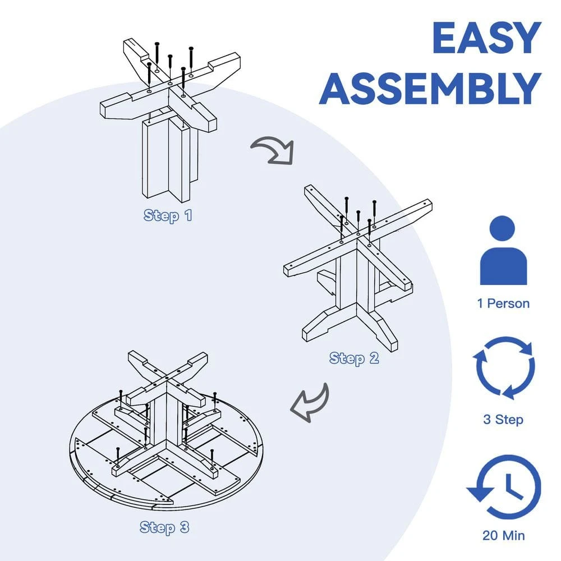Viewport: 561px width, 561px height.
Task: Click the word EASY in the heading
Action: (x=486, y=38)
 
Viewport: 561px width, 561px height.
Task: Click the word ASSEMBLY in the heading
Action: (x=430, y=89)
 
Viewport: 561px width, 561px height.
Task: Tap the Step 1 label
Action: (x=167, y=215)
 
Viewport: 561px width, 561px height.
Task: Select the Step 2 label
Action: (x=354, y=358)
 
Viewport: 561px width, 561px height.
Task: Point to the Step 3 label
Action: (x=164, y=527)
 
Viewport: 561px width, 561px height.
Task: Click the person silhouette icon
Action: (x=503, y=250)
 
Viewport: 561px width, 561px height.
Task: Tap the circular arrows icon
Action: (x=504, y=368)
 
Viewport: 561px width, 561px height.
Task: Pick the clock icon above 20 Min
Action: (x=504, y=487)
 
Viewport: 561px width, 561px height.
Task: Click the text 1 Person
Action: (x=503, y=304)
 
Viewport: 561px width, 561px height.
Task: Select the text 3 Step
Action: (x=503, y=419)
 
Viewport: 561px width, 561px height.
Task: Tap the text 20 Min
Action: (x=504, y=536)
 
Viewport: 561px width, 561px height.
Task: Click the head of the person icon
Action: (x=503, y=229)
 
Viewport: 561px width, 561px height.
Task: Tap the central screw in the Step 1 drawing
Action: (x=171, y=70)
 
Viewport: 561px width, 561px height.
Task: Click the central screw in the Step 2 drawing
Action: (x=358, y=223)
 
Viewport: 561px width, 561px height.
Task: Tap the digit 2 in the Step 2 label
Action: (x=374, y=358)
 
